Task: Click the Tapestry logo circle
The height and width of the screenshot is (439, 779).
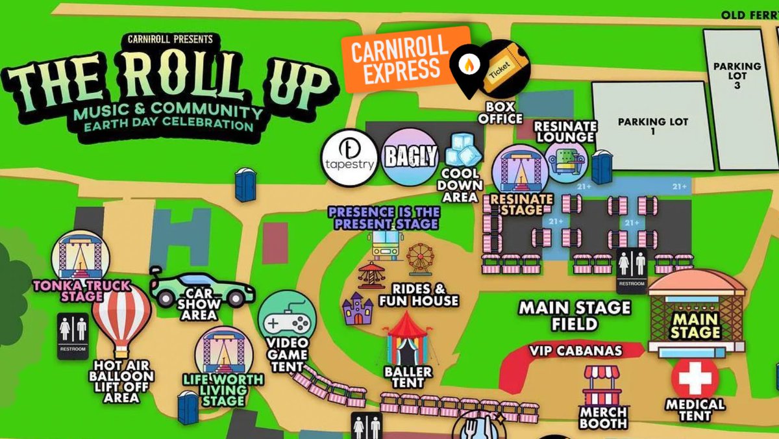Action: pos(349,158)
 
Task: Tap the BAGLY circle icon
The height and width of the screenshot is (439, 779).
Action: pos(408,157)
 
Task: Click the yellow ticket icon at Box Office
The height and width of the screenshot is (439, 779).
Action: pos(504,66)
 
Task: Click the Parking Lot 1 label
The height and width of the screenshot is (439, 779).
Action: pos(652,126)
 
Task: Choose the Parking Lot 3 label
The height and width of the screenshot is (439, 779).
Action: pos(737,75)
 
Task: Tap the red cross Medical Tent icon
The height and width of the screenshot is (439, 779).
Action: pos(695,377)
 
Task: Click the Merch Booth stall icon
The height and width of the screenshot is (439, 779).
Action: pos(602,386)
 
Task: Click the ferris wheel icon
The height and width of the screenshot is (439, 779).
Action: pos(419,258)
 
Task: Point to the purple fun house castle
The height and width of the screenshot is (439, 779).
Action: pos(358,308)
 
